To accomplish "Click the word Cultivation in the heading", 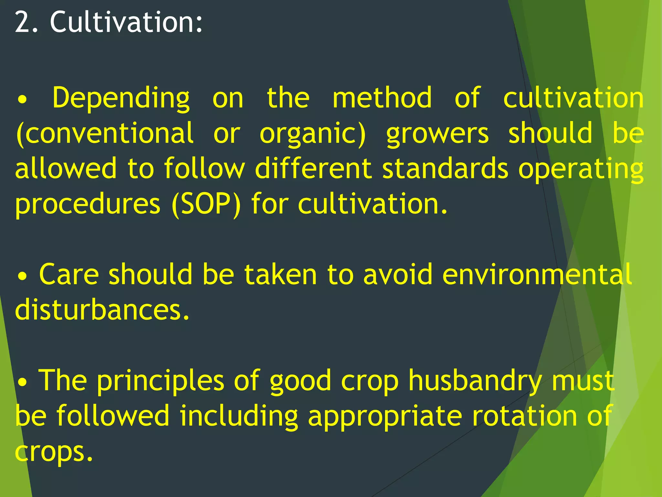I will [x=126, y=22].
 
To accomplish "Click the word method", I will [x=382, y=97].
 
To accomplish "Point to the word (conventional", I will [x=105, y=133].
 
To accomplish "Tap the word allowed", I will [x=66, y=168].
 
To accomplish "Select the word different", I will [x=313, y=168].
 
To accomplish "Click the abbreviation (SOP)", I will [x=206, y=204].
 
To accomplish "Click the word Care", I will [x=69, y=274].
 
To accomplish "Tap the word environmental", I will [x=537, y=274].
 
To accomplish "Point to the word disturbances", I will [x=102, y=310].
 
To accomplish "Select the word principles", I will [x=160, y=381].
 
